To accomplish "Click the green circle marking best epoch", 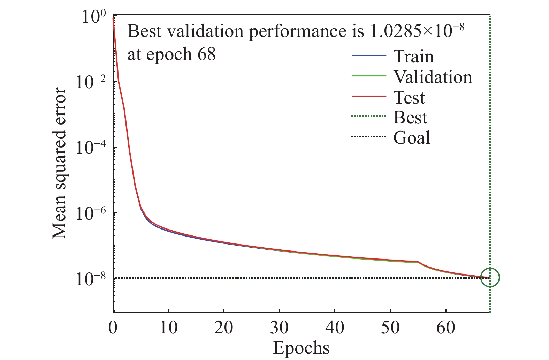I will click(x=490, y=277).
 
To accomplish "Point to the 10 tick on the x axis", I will click(x=169, y=328).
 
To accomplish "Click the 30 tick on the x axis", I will click(x=279, y=328).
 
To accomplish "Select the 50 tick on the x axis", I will click(x=390, y=328).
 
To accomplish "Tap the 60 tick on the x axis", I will click(x=446, y=328).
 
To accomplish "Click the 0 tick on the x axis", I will click(x=113, y=328).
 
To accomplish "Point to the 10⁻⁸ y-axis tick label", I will click(x=91, y=279).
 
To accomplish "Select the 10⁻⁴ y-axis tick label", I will click(x=91, y=148).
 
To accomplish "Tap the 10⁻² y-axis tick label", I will click(x=91, y=82).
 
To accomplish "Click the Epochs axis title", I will click(x=301, y=348).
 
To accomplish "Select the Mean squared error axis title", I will click(x=59, y=164).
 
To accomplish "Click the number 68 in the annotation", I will click(x=206, y=54).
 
